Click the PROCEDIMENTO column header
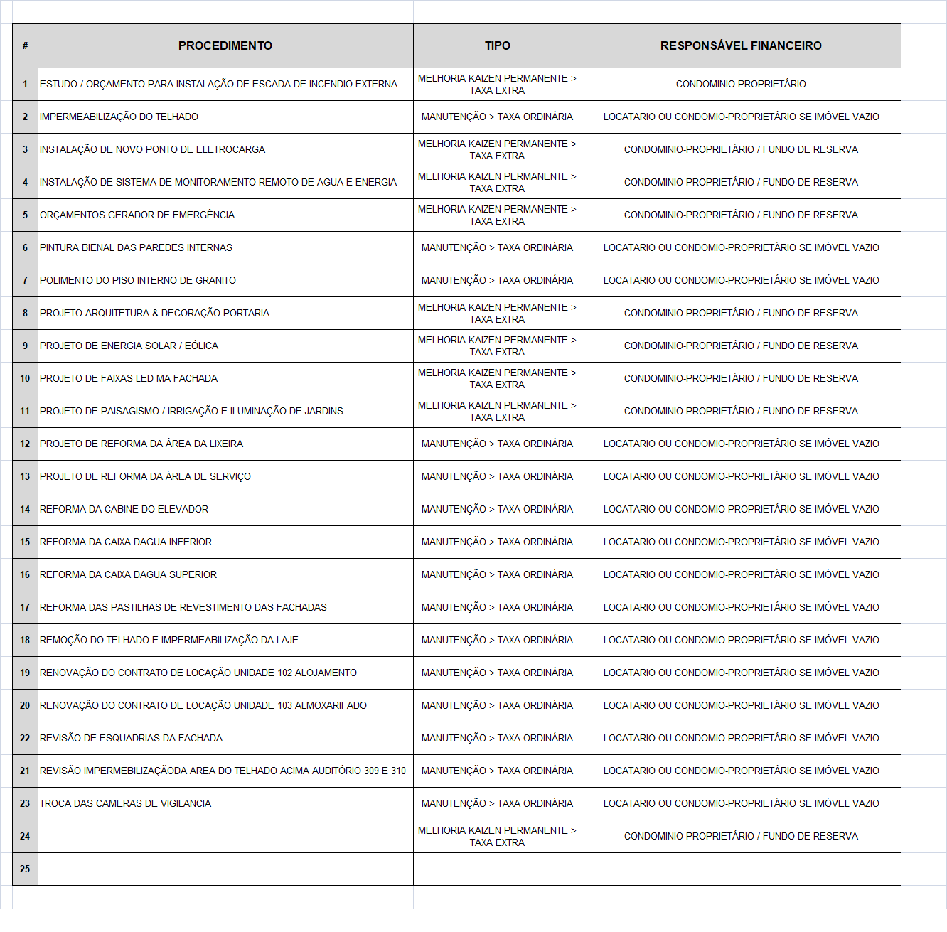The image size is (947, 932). tap(225, 45)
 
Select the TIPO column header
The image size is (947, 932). tap(497, 45)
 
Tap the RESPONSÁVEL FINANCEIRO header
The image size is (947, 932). tap(741, 45)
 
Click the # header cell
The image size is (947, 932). tap(25, 45)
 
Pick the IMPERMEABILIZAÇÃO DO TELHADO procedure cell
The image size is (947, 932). tap(119, 117)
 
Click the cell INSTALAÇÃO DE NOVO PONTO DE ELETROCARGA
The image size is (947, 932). tap(152, 149)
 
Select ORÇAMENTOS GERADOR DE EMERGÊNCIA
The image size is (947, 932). tap(137, 215)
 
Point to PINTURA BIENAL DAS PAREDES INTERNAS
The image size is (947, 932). tap(136, 247)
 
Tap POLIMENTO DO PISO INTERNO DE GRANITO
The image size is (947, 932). tap(138, 280)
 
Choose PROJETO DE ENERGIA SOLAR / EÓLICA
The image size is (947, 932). tap(129, 346)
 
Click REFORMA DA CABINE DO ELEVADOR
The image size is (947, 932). tap(124, 509)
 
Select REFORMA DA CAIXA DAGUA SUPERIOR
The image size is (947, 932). tap(128, 574)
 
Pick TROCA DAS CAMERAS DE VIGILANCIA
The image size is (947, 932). tap(125, 803)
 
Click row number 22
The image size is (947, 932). tap(25, 738)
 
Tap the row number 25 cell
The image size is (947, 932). tap(25, 869)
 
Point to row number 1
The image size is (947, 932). tap(25, 84)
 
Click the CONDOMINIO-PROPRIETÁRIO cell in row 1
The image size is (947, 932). tap(741, 84)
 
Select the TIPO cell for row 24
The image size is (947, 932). tap(497, 836)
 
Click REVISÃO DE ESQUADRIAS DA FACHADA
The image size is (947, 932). tap(131, 738)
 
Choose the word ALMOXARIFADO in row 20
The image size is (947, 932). tap(331, 705)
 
